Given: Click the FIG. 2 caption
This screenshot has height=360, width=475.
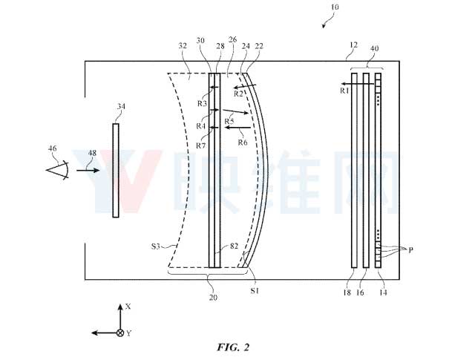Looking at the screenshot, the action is pyautogui.click(x=233, y=347).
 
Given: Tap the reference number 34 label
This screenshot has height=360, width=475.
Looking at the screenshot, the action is pyautogui.click(x=121, y=107).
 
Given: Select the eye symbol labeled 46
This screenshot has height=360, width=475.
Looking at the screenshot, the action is pyautogui.click(x=58, y=170).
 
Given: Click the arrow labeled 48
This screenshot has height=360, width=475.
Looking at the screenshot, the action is pyautogui.click(x=88, y=170).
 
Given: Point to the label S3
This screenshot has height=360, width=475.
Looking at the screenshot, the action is pyautogui.click(x=155, y=246).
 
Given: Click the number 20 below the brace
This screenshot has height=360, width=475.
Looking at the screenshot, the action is pyautogui.click(x=213, y=298).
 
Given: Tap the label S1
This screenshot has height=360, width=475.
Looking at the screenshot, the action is pyautogui.click(x=255, y=291).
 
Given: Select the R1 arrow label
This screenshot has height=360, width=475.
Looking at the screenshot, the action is pyautogui.click(x=344, y=91).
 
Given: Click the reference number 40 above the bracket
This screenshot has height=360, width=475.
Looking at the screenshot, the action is pyautogui.click(x=374, y=48).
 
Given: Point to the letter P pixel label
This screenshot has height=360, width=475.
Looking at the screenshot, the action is pyautogui.click(x=410, y=250).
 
